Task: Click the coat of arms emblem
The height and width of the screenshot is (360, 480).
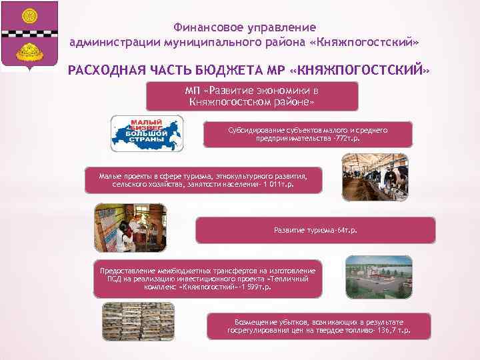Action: click(29, 35)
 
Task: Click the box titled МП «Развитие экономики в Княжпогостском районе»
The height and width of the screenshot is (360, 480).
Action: click(253, 95)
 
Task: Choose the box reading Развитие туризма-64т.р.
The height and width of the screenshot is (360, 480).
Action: click(315, 230)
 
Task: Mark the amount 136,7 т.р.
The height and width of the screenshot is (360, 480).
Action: click(393, 330)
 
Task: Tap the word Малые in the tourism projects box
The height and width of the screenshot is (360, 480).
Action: click(110, 175)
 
